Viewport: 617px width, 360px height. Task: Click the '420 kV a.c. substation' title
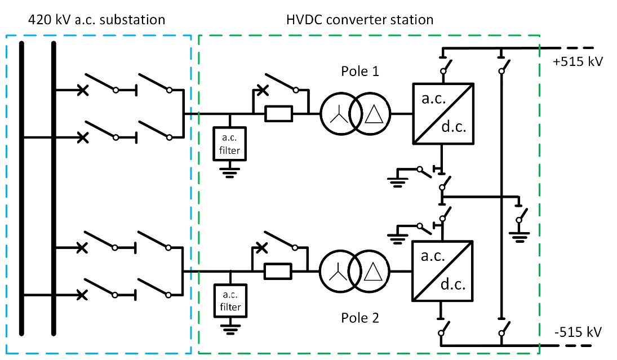(96, 20)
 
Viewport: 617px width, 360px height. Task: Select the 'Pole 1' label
(360, 72)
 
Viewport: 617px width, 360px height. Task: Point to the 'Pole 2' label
(360, 318)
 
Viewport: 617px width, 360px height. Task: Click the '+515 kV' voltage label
(579, 61)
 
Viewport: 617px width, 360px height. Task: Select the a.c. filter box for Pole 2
(230, 301)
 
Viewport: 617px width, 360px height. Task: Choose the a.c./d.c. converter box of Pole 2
(442, 271)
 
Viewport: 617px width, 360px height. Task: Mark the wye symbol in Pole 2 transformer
(339, 272)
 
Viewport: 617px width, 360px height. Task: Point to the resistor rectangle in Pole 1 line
(278, 114)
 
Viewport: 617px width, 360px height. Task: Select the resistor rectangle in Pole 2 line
(278, 272)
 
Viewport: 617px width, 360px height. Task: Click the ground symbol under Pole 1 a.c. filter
(230, 172)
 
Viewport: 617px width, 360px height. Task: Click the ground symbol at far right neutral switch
(519, 234)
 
